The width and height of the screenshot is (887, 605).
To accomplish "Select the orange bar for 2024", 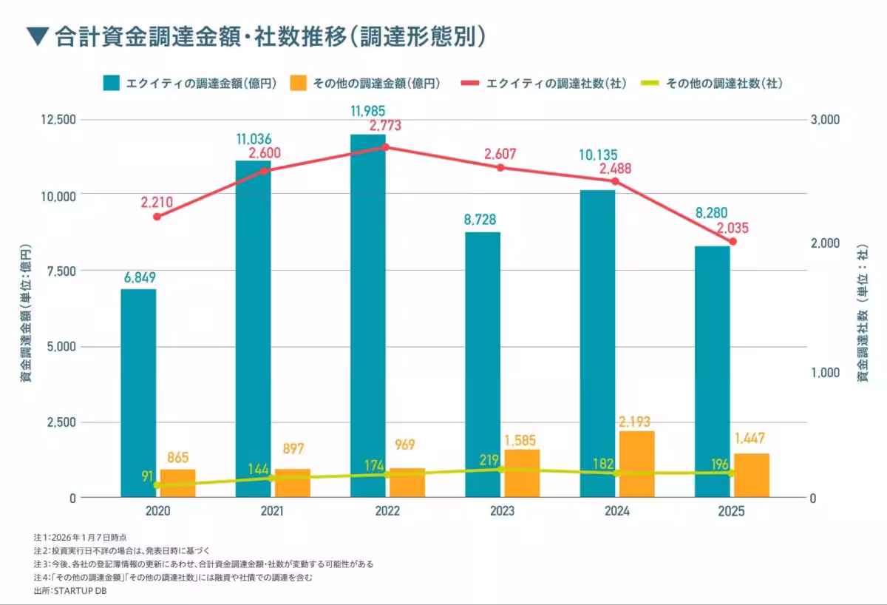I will (636, 464).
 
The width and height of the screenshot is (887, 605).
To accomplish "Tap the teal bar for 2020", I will (138, 393).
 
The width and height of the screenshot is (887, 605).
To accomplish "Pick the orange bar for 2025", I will (751, 475).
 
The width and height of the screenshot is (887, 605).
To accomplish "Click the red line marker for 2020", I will (157, 217).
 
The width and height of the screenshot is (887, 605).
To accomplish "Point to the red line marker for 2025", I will (733, 242).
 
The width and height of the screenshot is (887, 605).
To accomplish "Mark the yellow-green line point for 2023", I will (500, 470).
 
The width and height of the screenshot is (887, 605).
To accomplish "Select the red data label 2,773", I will (385, 126).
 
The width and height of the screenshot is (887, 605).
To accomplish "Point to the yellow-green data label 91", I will (148, 476).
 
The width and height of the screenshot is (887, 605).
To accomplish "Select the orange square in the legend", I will (299, 84).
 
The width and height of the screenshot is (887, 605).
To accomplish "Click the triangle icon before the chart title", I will (36, 36).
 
